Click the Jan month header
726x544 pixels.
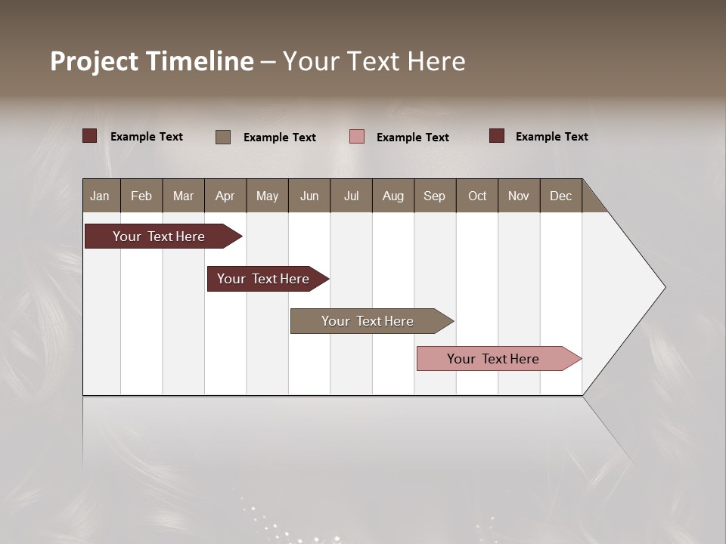tap(101, 196)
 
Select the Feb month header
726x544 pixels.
tap(141, 196)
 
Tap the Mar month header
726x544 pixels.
tap(183, 196)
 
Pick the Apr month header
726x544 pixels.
tap(225, 196)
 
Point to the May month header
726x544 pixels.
tap(267, 196)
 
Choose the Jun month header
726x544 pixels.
tap(309, 196)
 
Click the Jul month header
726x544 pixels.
tap(351, 196)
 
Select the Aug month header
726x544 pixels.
tap(393, 196)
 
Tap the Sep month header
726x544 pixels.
tap(435, 196)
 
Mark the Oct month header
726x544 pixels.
tap(477, 196)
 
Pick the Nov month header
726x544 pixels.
tap(519, 196)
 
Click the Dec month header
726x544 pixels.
tap(561, 196)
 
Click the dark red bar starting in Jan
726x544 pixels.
tap(159, 236)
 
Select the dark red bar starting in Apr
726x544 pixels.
tap(263, 279)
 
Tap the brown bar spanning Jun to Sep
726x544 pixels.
tap(368, 321)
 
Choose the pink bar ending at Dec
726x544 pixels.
tap(493, 359)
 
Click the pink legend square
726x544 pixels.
tap(357, 136)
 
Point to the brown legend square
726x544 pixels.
tap(223, 137)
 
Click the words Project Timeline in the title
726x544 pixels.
tap(152, 61)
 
